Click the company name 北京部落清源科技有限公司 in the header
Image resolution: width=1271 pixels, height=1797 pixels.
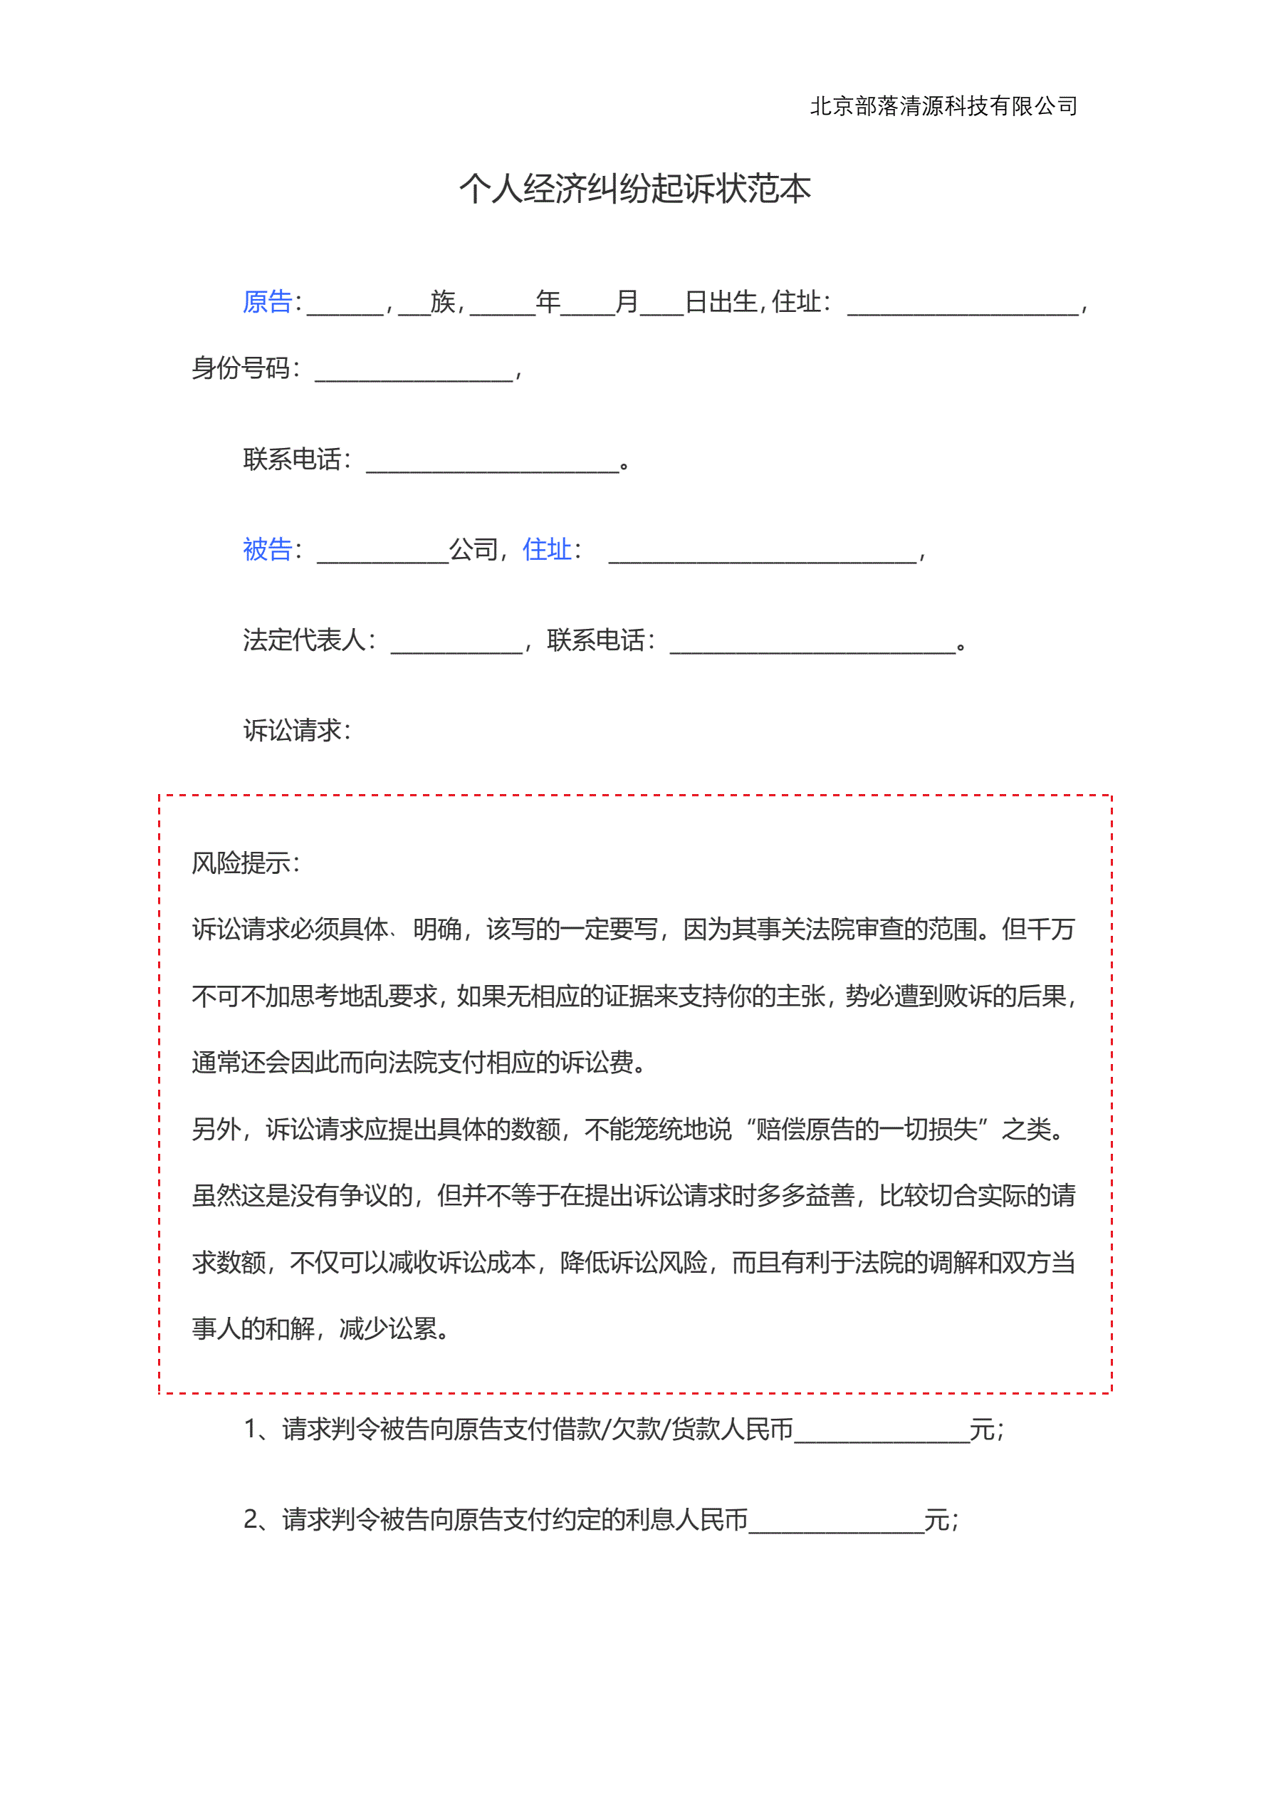point(943,105)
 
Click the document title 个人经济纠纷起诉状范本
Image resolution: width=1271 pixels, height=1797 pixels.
point(634,189)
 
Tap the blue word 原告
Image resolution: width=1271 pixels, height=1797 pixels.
point(267,301)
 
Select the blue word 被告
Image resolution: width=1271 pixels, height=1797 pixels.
point(267,549)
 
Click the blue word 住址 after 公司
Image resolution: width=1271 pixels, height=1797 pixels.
point(546,549)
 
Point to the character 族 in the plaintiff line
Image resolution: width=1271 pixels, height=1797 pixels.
point(443,301)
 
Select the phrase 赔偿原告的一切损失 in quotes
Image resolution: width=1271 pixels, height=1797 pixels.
point(867,1130)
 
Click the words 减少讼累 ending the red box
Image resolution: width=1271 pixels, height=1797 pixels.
point(389,1329)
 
